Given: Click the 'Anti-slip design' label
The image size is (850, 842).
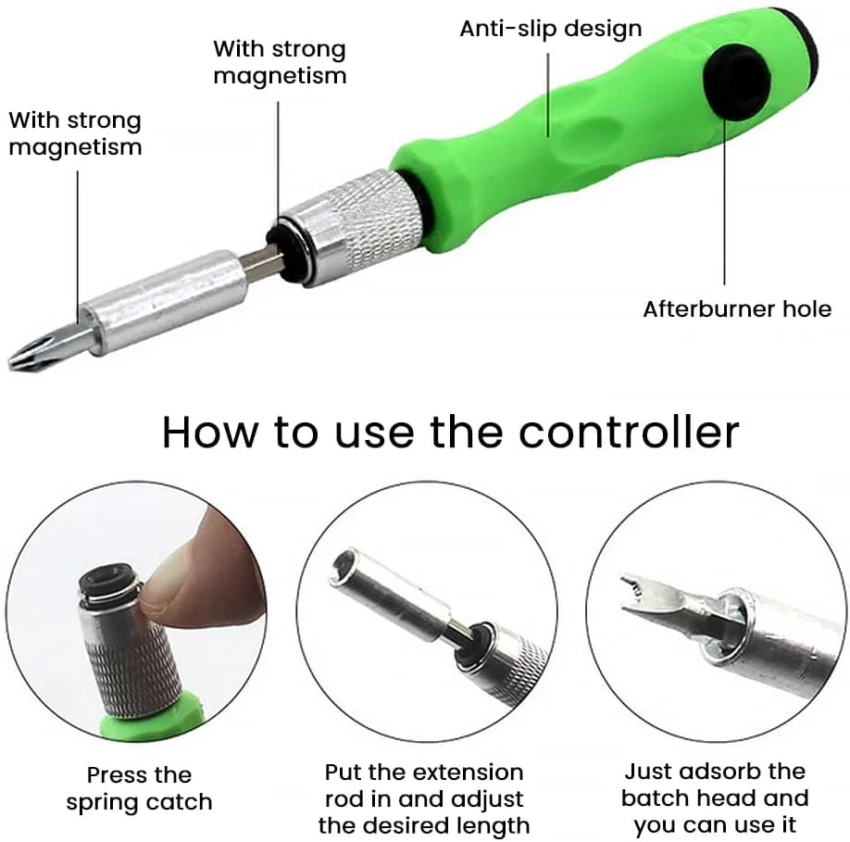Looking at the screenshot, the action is point(551,28).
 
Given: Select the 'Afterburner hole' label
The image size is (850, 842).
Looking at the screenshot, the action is point(737,309).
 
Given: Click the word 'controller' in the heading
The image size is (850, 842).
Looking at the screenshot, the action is point(629,432).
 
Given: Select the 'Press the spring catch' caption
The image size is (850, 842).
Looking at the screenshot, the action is point(139,788).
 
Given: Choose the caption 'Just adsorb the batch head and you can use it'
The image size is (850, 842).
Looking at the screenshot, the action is point(715,798).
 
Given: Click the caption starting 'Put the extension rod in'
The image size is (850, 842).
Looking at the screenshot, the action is point(424,798).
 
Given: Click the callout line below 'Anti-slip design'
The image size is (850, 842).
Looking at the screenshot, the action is point(548,94).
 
